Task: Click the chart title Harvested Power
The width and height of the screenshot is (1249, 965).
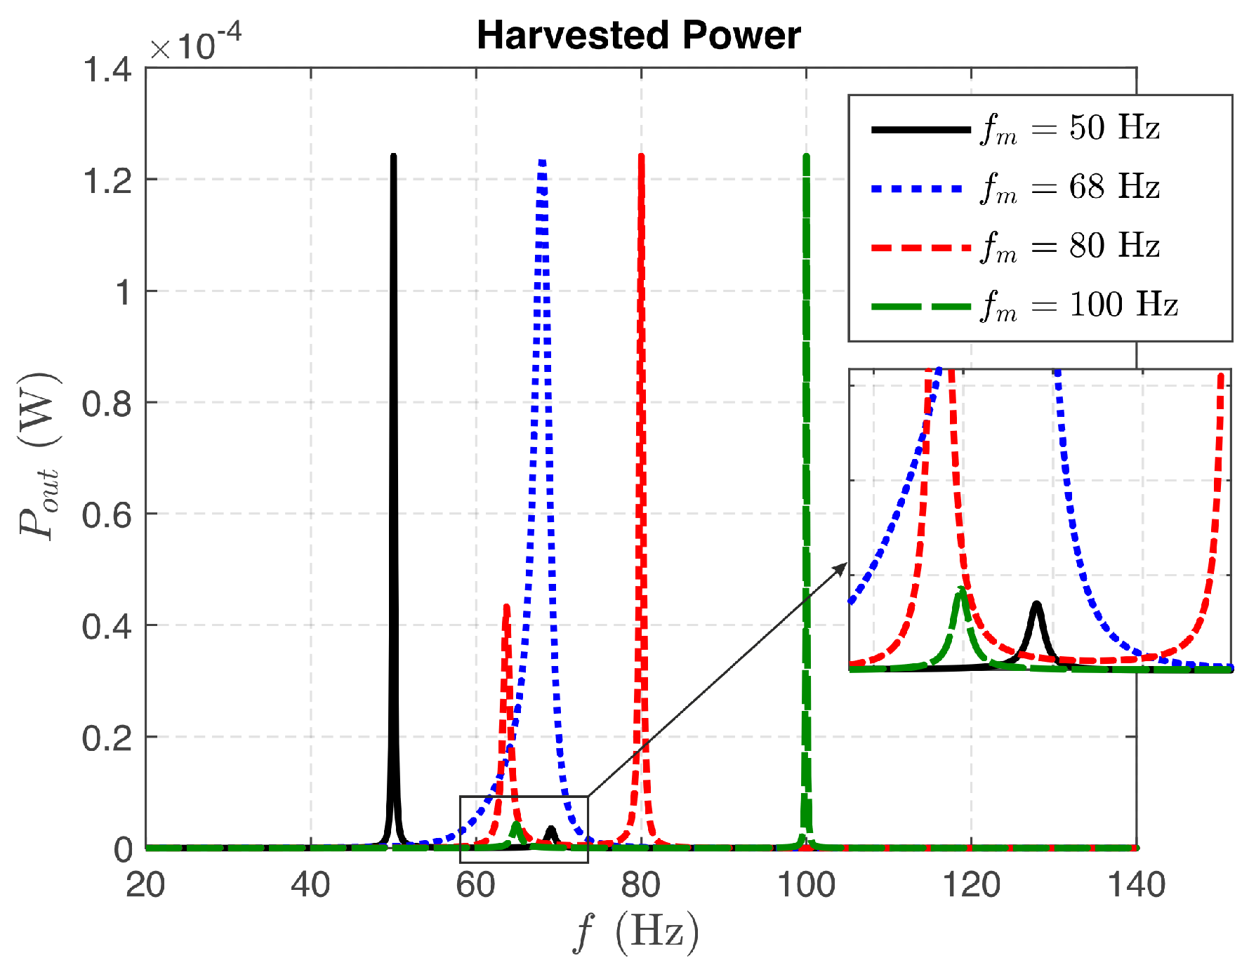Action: click(x=638, y=35)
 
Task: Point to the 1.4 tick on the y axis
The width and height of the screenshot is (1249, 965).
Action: click(x=107, y=69)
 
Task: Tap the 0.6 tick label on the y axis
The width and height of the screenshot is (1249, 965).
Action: click(x=107, y=515)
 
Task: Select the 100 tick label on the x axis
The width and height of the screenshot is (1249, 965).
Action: click(x=806, y=885)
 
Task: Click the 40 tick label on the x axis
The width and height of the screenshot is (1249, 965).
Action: click(x=310, y=885)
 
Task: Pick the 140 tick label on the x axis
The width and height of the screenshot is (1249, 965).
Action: click(x=1135, y=885)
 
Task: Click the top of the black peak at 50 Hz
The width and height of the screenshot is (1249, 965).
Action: click(x=393, y=157)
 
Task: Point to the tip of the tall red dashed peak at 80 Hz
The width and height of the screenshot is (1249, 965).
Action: click(x=641, y=157)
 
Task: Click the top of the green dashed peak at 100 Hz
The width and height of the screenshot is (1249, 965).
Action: click(x=806, y=157)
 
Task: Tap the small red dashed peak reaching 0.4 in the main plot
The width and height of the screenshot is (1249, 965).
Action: click(x=506, y=608)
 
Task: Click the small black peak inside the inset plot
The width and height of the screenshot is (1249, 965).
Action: click(x=1036, y=605)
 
